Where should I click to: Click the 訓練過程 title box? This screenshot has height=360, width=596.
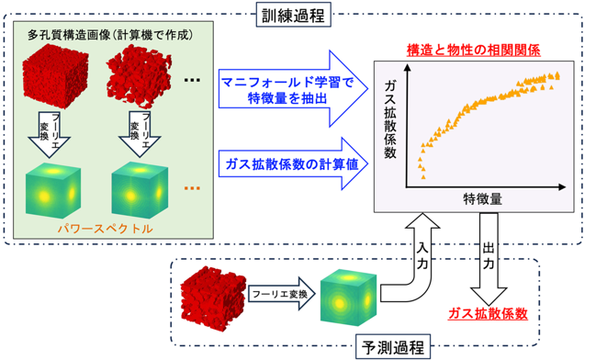coord(294,15)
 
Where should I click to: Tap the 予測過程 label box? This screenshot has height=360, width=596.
coord(393,347)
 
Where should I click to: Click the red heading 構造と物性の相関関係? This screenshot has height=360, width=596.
coord(473,51)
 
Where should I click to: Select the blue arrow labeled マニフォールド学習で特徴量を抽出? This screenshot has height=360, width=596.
coord(294,88)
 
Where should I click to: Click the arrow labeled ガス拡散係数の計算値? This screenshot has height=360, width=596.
coord(294,163)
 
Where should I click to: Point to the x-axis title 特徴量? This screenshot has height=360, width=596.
coord(482,198)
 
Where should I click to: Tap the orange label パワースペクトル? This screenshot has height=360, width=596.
coord(106,229)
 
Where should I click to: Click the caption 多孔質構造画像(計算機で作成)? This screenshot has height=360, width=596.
coord(110,35)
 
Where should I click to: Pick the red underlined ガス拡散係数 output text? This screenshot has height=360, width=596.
coord(488,313)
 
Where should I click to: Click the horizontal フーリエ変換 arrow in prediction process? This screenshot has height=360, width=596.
coord(282,294)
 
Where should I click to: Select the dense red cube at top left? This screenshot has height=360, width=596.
coord(55,76)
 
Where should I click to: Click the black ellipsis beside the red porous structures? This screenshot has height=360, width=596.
coord(192,80)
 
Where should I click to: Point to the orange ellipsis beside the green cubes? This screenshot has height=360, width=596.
coord(192,188)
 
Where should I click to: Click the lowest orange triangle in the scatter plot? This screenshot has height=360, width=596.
coord(423,177)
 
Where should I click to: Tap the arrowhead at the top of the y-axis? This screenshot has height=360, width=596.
coord(407,68)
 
